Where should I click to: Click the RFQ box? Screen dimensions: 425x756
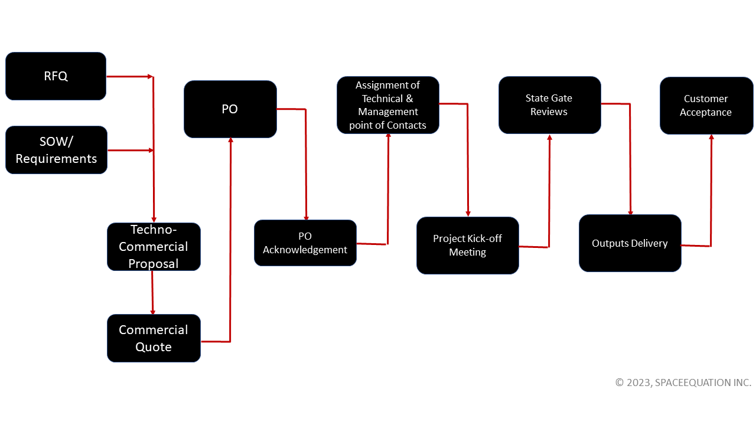pyautogui.click(x=56, y=76)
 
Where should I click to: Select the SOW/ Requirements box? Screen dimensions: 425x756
pyautogui.click(x=56, y=150)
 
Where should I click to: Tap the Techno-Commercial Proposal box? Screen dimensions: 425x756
pyautogui.click(x=154, y=247)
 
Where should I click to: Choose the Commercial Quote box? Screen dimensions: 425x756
pyautogui.click(x=154, y=338)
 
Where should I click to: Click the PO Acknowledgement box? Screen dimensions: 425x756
pyautogui.click(x=305, y=243)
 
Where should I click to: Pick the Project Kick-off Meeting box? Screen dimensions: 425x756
pyautogui.click(x=467, y=246)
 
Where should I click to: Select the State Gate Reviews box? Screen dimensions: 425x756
pyautogui.click(x=549, y=105)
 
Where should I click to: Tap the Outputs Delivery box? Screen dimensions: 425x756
pyautogui.click(x=630, y=243)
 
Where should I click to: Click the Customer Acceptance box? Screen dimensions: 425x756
pyautogui.click(x=706, y=106)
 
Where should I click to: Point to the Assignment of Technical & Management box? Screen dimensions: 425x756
pyautogui.click(x=387, y=105)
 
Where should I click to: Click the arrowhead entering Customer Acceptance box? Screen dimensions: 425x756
pyautogui.click(x=711, y=138)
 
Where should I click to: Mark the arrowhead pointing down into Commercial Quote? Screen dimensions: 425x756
pyautogui.click(x=153, y=312)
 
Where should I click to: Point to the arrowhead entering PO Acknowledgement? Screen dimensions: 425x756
pyautogui.click(x=306, y=217)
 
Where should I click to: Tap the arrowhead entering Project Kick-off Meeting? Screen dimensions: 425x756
pyautogui.click(x=468, y=214)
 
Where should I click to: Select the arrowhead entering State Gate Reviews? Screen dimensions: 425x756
pyautogui.click(x=550, y=138)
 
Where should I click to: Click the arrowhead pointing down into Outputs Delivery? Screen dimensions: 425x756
pyautogui.click(x=630, y=212)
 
